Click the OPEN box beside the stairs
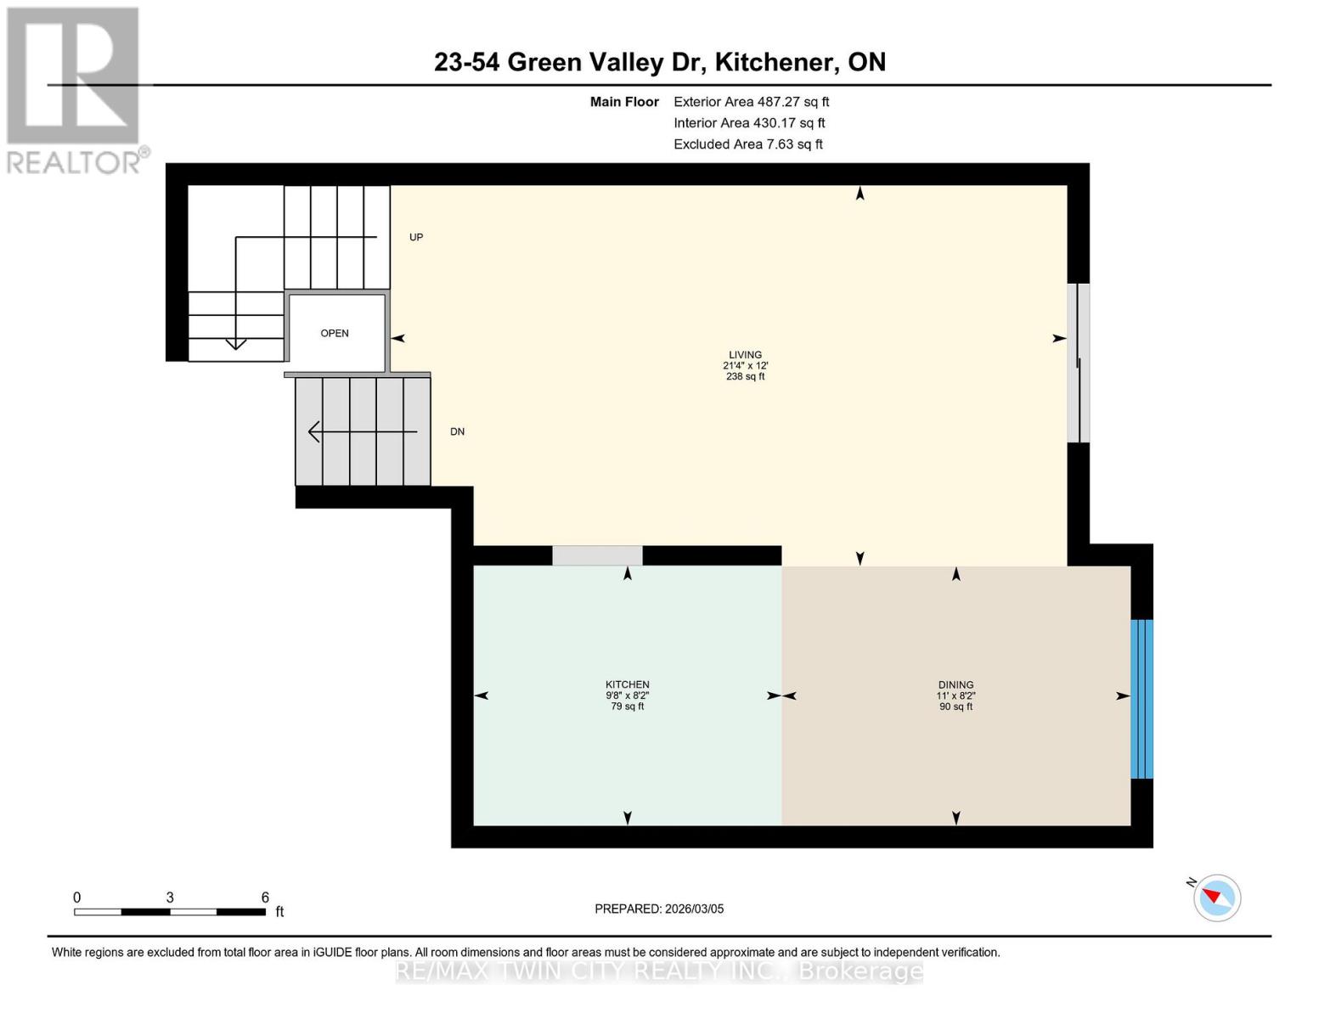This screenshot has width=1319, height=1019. coord(335,333)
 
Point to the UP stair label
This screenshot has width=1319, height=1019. coord(416,237)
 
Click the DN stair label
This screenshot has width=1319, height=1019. coord(457,431)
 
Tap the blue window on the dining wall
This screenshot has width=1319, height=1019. coord(1141,699)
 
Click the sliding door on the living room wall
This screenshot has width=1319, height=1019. coord(1078,363)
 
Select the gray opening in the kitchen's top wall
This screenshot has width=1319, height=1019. coord(597,555)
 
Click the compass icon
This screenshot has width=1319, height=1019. coord(1216,898)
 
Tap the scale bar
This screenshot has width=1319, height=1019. coord(170,911)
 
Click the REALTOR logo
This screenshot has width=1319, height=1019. coord(74,90)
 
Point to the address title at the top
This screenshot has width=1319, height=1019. coord(659,62)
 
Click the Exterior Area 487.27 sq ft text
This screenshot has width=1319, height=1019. coord(751,101)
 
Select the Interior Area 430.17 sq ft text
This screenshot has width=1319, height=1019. coord(749,122)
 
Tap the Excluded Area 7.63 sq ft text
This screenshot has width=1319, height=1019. coord(747,144)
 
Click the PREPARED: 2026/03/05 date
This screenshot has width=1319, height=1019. coord(659,909)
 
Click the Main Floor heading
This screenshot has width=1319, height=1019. coord(624,101)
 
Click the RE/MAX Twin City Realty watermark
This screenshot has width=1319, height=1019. coord(659,971)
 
